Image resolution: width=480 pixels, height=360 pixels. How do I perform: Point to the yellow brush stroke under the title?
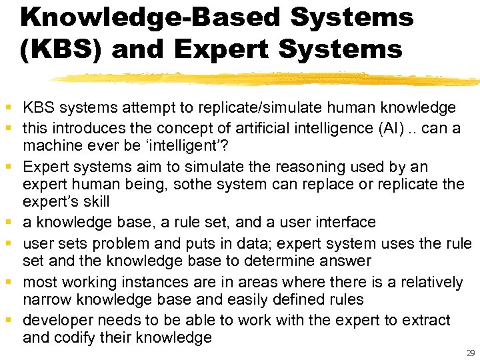click(x=267, y=79)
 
